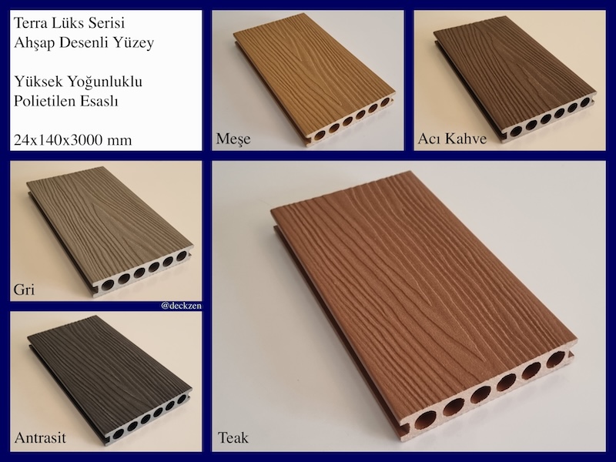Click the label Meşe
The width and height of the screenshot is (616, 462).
[233, 139]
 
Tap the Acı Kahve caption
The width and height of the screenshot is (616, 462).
[452, 139]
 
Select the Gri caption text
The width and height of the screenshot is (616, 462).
[24, 290]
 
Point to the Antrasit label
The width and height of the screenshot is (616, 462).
[40, 437]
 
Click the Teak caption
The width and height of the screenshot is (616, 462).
[233, 437]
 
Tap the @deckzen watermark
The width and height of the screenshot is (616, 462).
[181, 306]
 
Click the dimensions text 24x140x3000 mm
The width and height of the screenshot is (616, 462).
[72, 140]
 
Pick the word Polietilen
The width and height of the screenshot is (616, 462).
[44, 101]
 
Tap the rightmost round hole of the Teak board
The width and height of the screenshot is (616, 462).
[555, 360]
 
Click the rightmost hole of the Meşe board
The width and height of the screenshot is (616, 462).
[385, 102]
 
